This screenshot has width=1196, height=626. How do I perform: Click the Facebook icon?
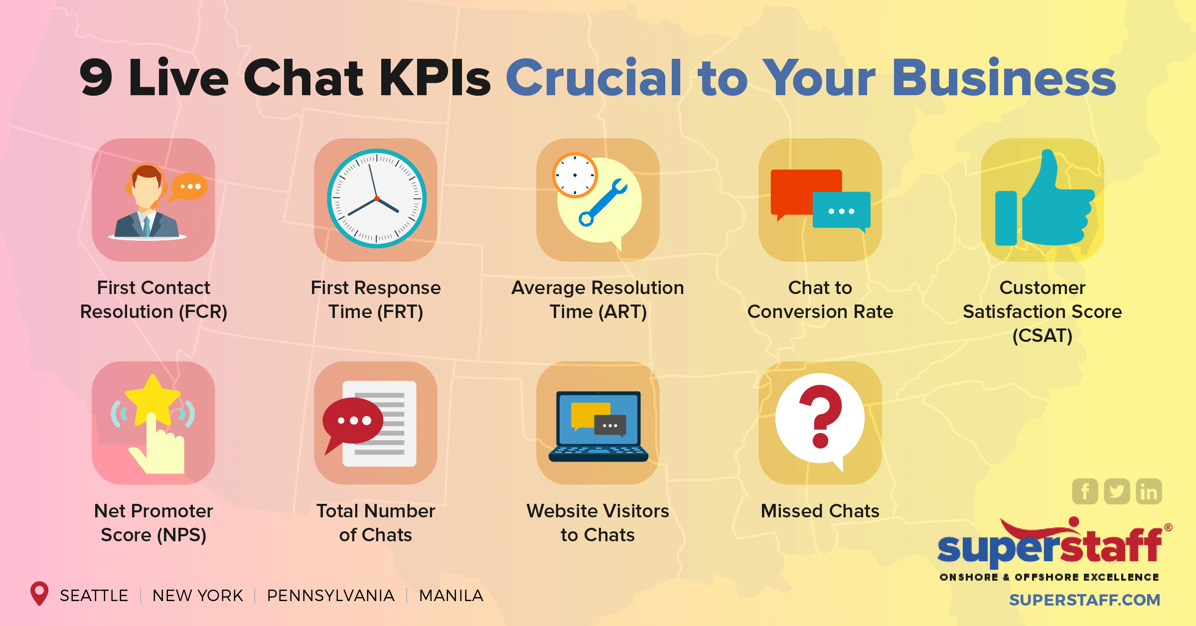pos(1085,491)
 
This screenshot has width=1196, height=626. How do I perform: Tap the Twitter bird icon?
pos(1117,491)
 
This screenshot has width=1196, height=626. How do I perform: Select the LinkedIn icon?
pos(1149,491)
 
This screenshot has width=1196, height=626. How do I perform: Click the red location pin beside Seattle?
pos(39,593)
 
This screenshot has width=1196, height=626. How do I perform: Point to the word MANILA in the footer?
pos(451,596)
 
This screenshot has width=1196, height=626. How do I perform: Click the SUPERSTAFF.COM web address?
pos(1084,600)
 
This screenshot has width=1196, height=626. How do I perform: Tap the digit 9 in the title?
pos(96,78)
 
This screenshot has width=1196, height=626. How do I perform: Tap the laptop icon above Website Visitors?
pos(598,426)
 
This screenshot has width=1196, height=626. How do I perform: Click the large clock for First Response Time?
pos(376,198)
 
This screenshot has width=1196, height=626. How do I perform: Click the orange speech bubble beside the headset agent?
pos(189,187)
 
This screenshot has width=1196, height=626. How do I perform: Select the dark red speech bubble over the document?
pos(353,421)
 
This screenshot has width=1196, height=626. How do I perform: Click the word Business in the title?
pos(1003,78)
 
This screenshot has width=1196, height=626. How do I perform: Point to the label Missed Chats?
pos(820,511)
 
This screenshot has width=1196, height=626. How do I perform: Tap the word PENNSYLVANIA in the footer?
pos(330,596)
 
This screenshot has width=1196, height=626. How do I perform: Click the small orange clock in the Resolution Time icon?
pos(575,175)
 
